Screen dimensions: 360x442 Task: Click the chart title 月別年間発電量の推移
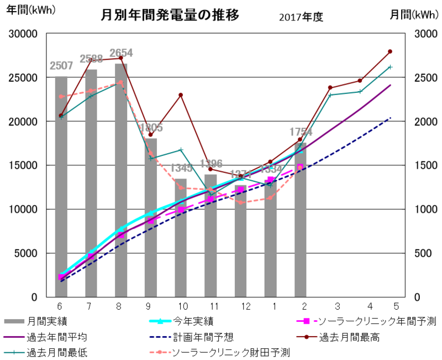(x=170, y=15)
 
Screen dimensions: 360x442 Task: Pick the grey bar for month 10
(x=181, y=238)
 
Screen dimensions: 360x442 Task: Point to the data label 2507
(x=61, y=66)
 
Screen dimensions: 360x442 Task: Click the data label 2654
(x=121, y=53)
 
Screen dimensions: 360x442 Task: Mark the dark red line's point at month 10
(x=181, y=95)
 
